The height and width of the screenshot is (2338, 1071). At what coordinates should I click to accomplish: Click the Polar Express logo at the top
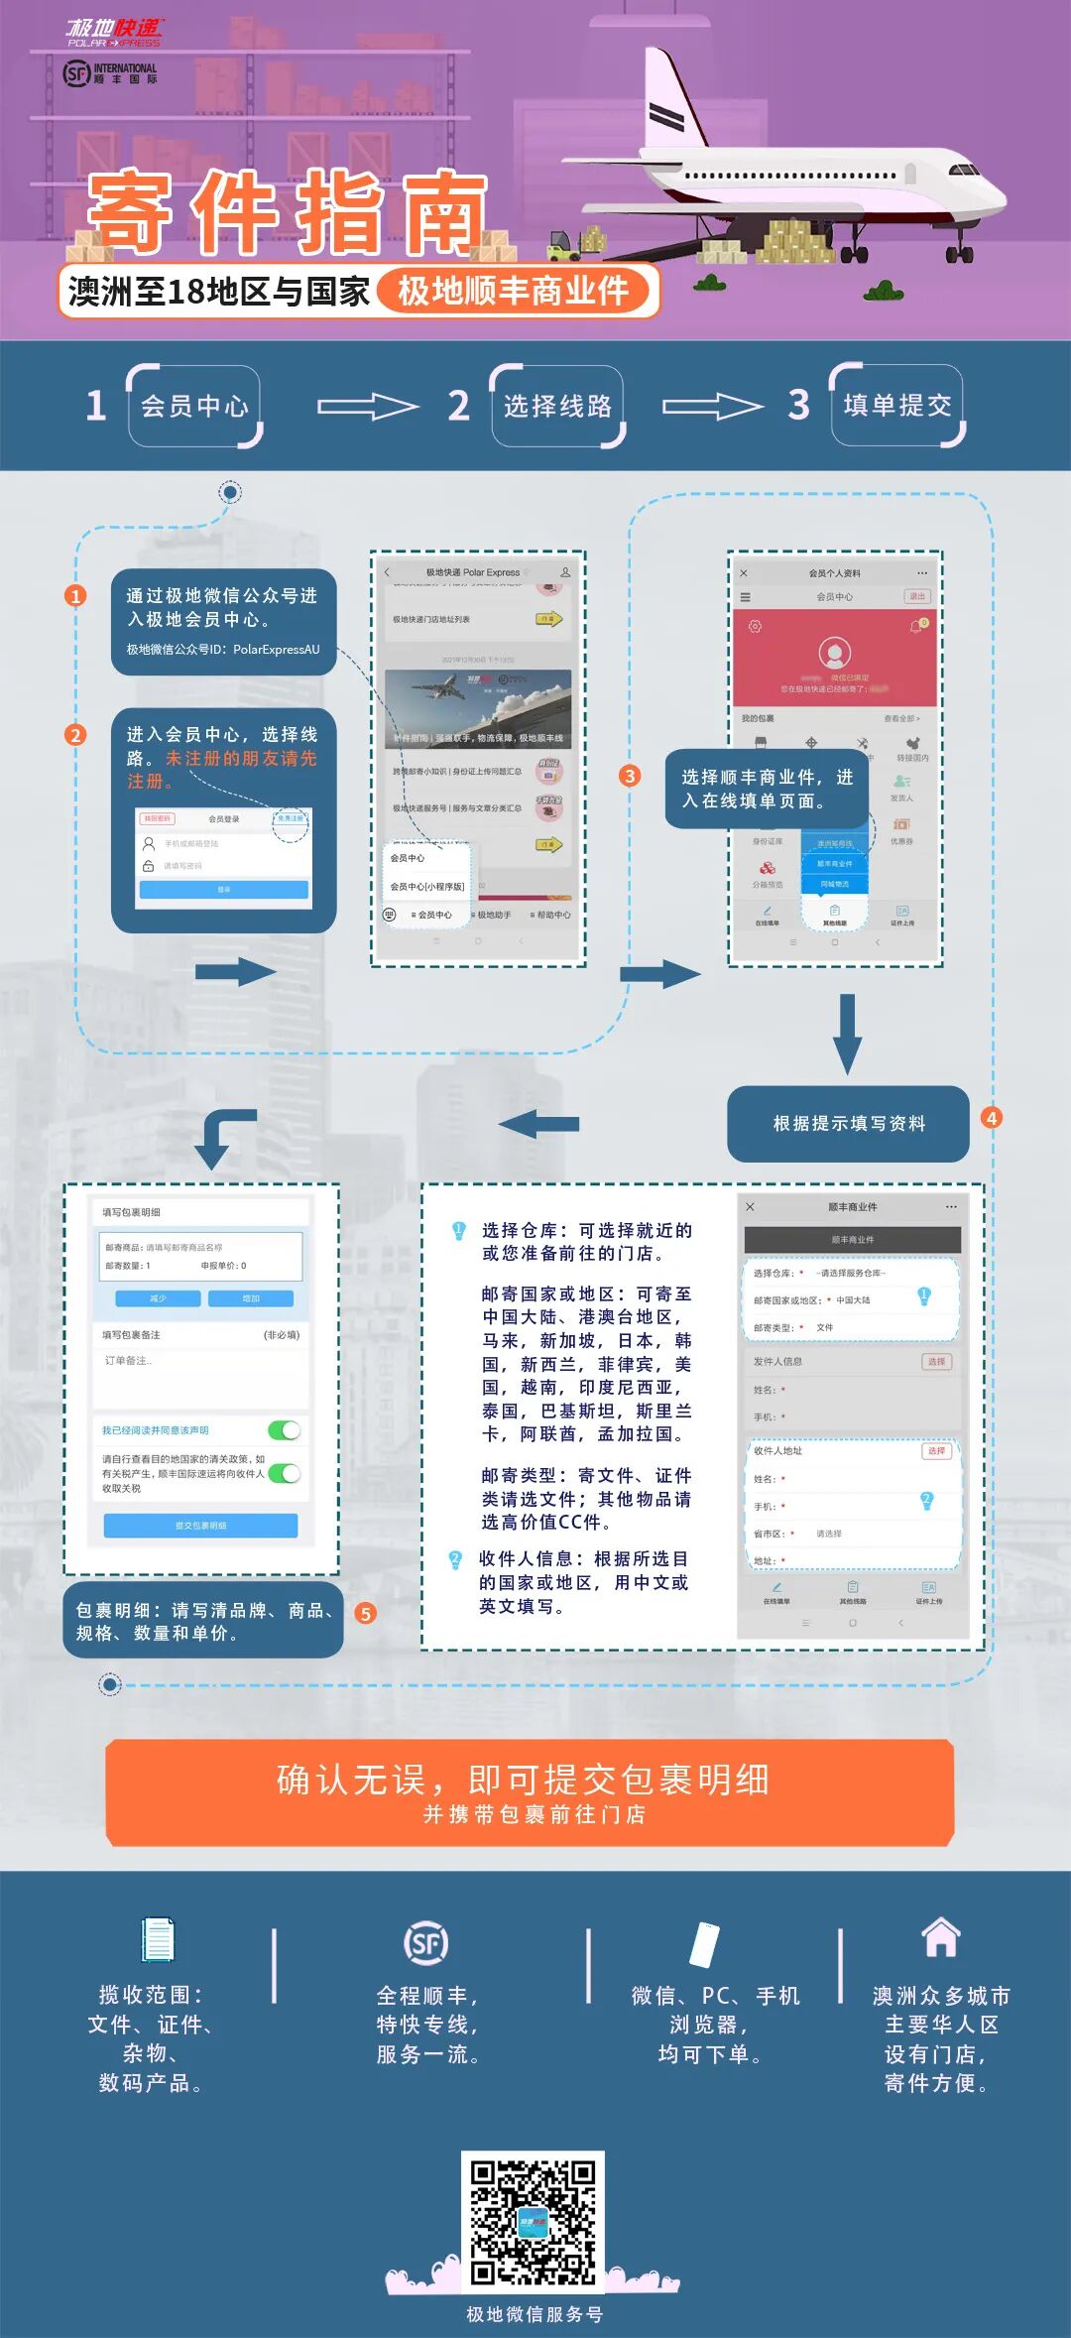point(114,32)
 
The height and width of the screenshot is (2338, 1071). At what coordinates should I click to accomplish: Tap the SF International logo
point(110,73)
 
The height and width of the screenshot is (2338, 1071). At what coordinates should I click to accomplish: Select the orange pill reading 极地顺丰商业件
point(514,292)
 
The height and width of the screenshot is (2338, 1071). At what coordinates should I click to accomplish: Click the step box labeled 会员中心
point(194,406)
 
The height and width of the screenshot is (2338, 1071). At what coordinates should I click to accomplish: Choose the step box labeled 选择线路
point(557,406)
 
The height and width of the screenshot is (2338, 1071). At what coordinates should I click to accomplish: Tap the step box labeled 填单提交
point(897,405)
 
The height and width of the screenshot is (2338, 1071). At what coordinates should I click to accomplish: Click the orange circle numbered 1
point(75,595)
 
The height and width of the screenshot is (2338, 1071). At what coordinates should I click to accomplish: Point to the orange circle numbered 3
point(630,776)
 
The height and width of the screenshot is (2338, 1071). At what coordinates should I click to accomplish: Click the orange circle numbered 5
point(366,1614)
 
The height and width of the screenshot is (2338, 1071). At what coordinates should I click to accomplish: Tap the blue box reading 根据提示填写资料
point(848,1123)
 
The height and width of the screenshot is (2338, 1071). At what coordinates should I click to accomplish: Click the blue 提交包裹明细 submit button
point(200,1525)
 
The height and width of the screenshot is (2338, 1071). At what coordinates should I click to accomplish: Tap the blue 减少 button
point(158,1298)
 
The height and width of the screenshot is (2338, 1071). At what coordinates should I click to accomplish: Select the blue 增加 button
point(251,1298)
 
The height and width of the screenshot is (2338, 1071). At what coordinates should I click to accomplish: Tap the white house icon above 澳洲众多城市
point(940,1937)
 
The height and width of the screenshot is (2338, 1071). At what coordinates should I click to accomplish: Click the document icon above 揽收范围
point(158,1940)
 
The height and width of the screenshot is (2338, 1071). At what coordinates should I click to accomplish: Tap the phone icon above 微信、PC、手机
point(704,1943)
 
